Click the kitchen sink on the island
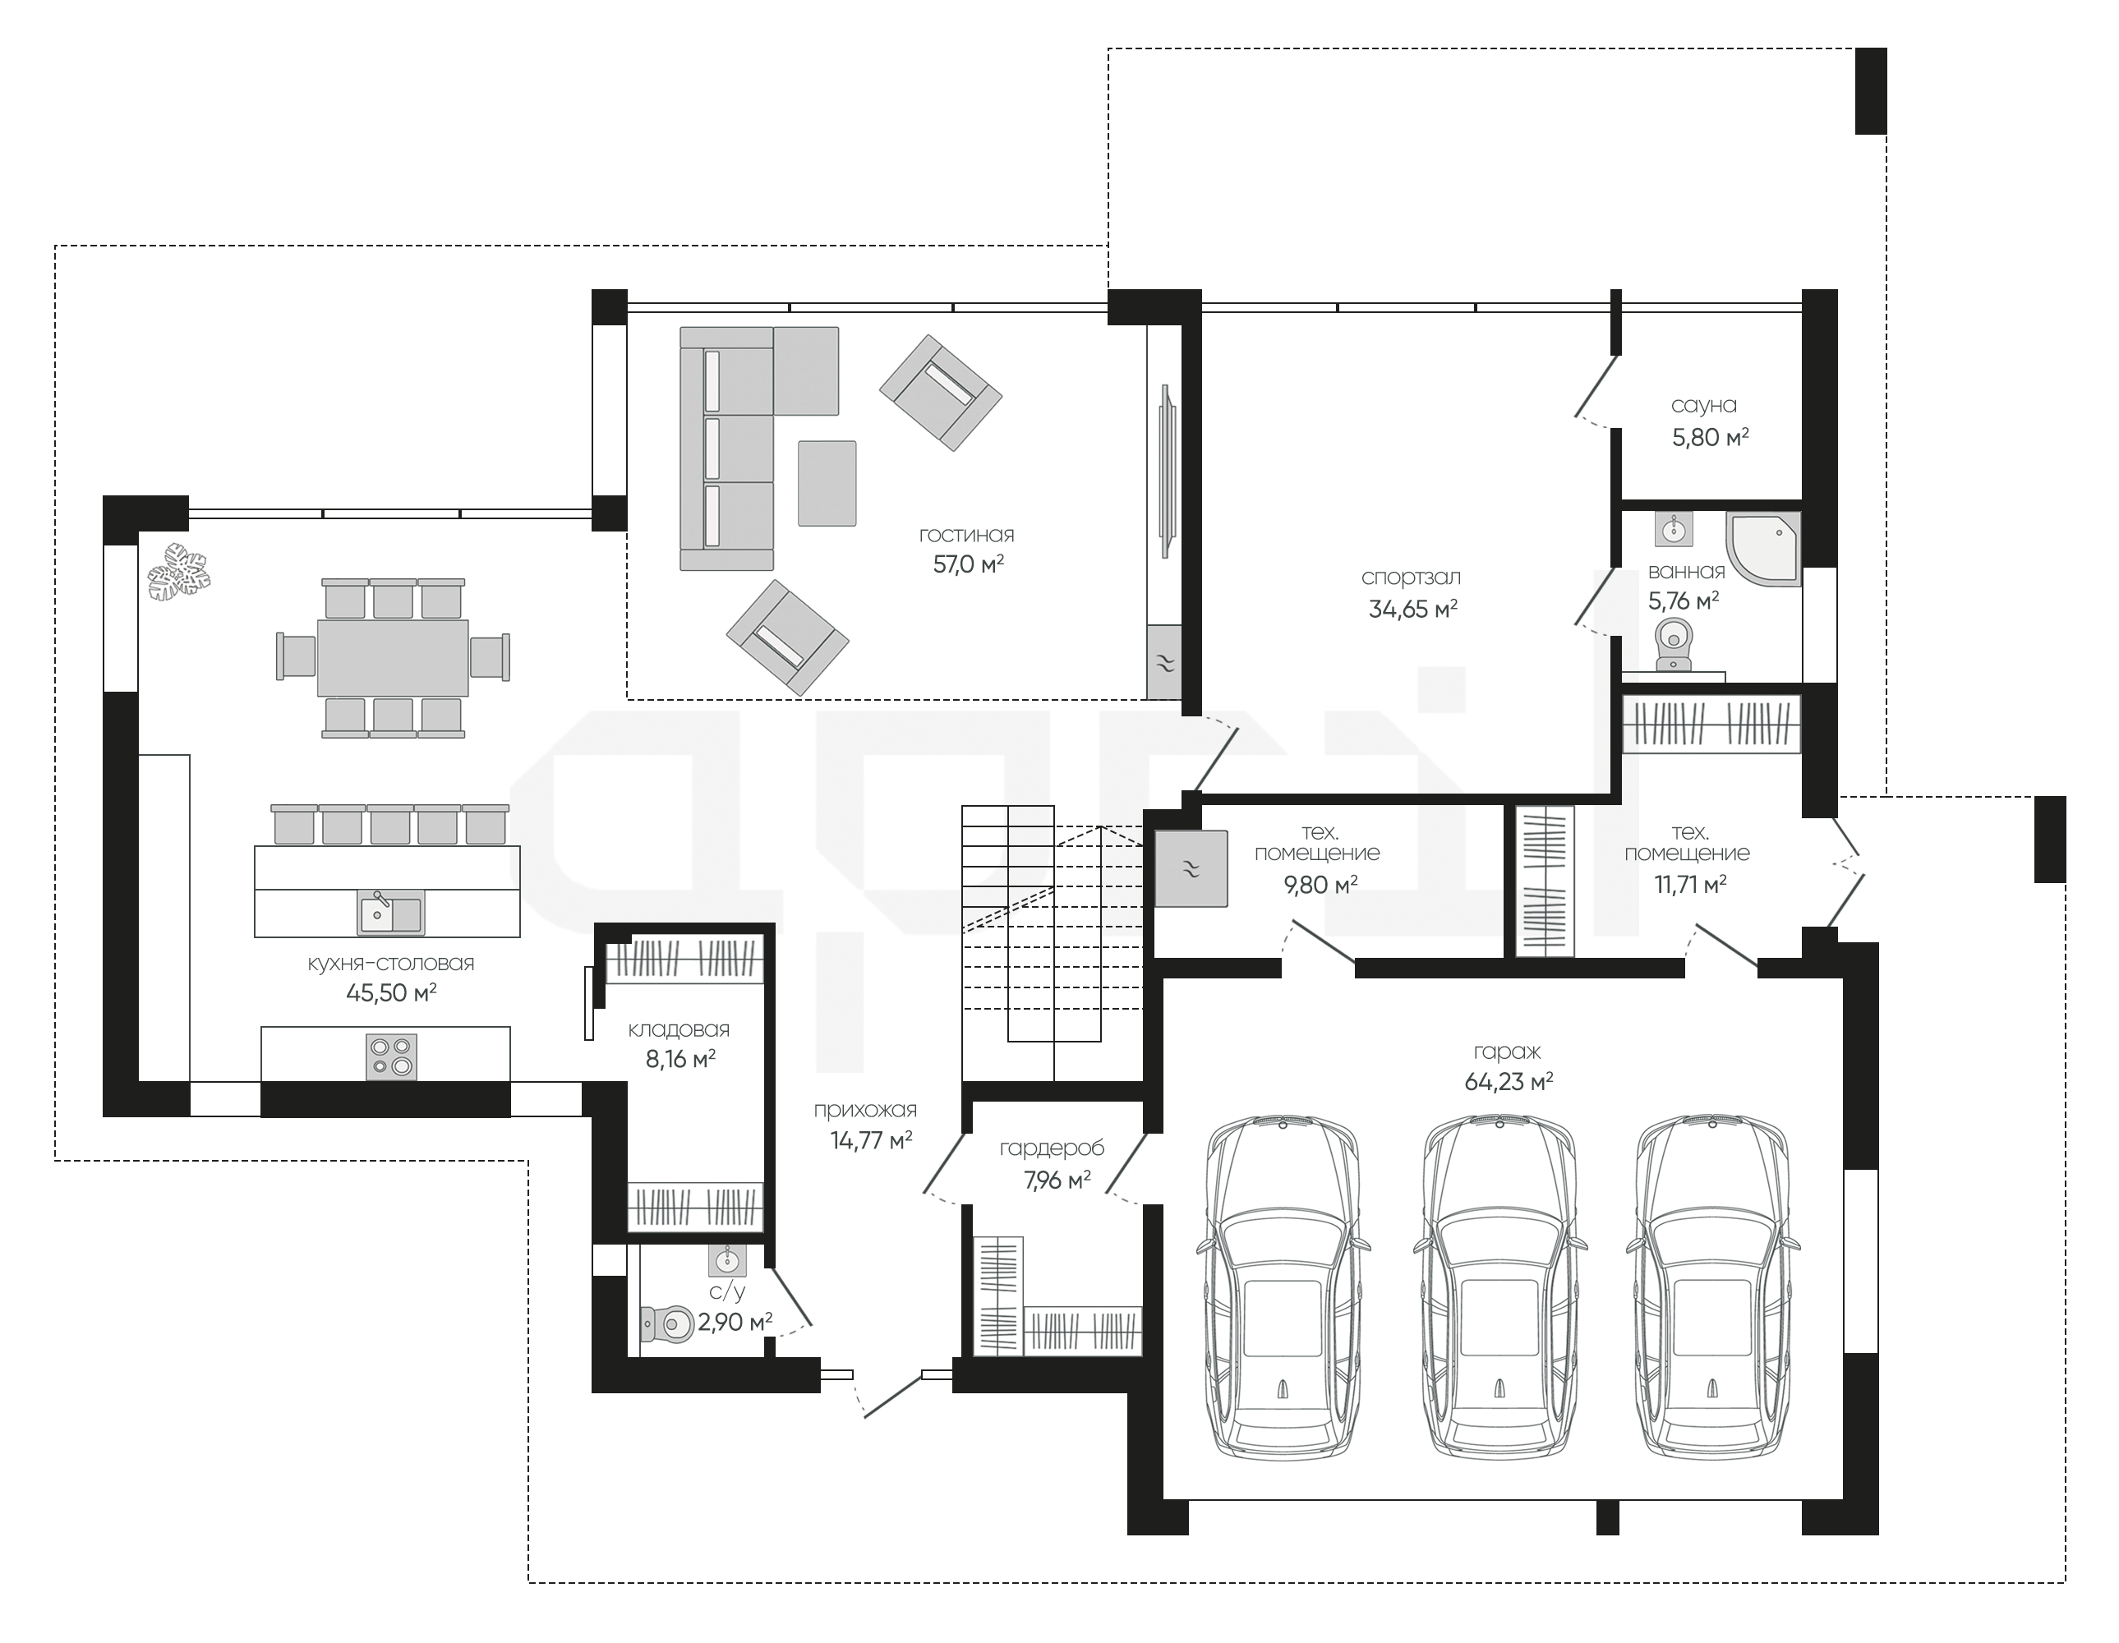tap(391, 912)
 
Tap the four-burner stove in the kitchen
tap(392, 1056)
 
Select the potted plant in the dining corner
tap(179, 573)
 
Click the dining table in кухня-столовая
tap(393, 657)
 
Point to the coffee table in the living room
tap(827, 483)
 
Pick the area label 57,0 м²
tap(968, 564)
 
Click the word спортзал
tap(1411, 578)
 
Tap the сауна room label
tap(1704, 406)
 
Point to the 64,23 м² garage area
tap(1509, 1081)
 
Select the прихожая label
tap(865, 1111)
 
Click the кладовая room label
tap(679, 1030)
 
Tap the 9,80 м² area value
tap(1320, 885)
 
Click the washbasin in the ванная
tap(1674, 528)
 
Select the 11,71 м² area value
tap(1690, 885)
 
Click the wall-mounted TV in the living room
tap(1168, 471)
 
